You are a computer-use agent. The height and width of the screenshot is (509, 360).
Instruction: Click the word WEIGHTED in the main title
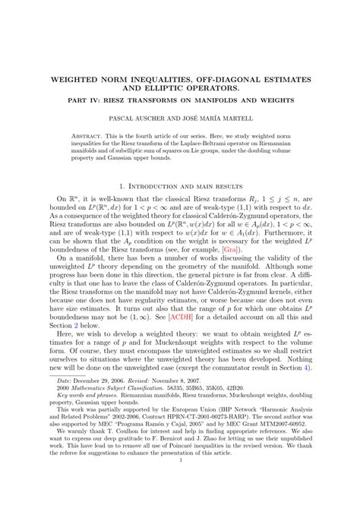(81, 76)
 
